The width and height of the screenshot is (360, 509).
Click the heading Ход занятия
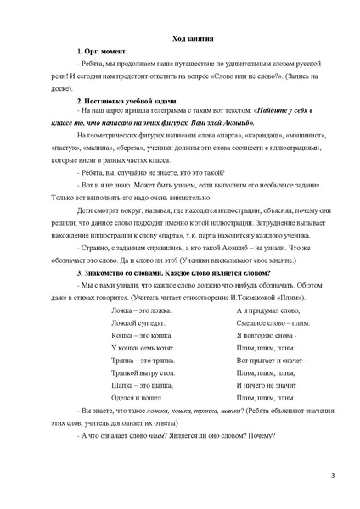click(180, 39)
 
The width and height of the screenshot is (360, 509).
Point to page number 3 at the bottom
click(333, 486)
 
